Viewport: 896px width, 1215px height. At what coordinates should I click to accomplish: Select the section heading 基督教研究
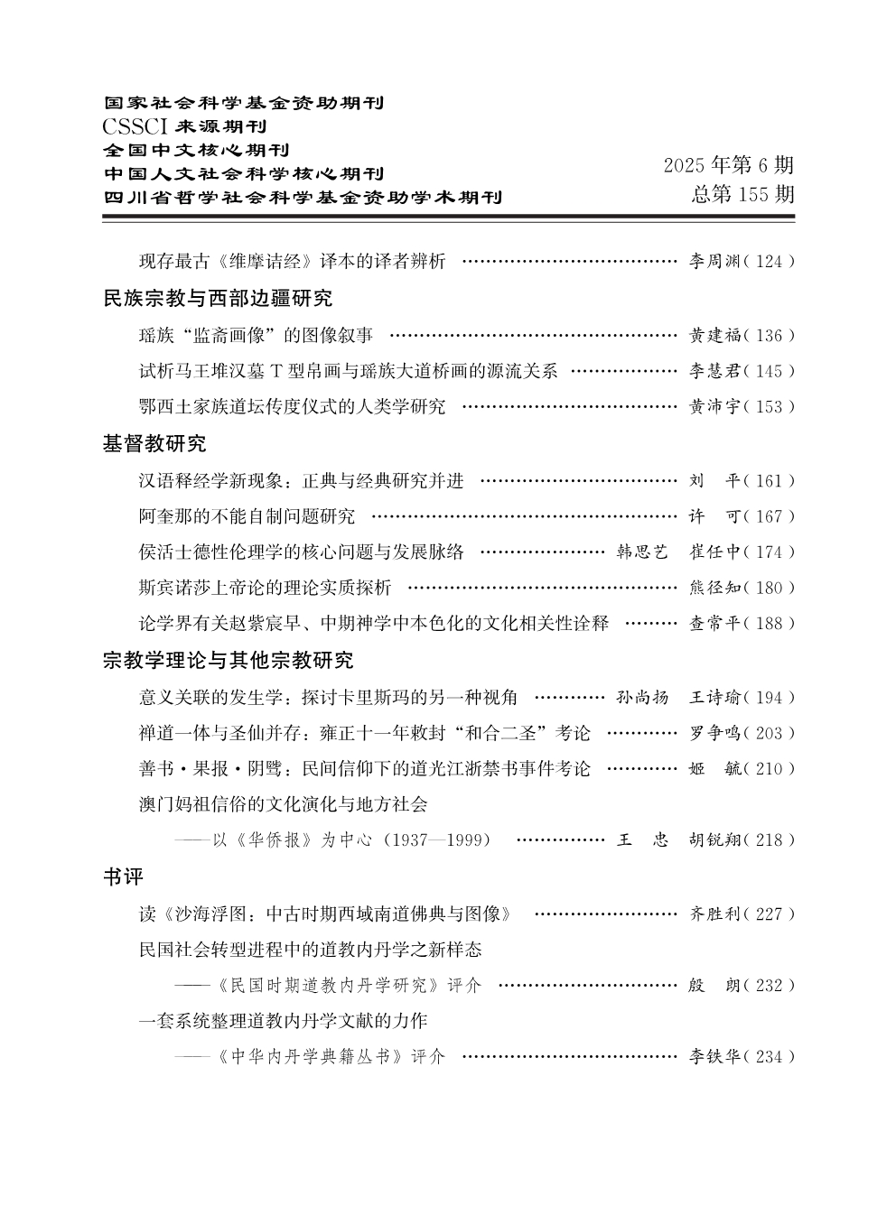tap(154, 443)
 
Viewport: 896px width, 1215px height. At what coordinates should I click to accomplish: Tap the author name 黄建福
tap(714, 336)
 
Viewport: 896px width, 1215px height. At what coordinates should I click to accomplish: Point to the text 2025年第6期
tap(729, 165)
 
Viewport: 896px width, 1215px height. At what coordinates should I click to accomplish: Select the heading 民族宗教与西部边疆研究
tap(218, 298)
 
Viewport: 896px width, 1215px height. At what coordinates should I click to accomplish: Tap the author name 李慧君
tap(714, 371)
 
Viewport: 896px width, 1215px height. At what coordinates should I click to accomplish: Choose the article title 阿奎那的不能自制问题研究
tap(247, 516)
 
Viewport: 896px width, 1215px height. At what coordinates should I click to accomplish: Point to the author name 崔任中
tap(714, 552)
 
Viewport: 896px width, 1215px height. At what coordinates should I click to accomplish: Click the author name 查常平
tap(714, 624)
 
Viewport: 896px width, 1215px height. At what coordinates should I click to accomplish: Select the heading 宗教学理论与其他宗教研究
tap(228, 661)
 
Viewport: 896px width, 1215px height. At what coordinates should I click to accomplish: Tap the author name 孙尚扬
tap(642, 697)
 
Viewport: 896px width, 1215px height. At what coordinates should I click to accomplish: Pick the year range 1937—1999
tap(437, 840)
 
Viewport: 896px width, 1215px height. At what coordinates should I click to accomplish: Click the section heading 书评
tap(123, 876)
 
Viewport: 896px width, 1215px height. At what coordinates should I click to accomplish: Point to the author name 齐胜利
tap(714, 914)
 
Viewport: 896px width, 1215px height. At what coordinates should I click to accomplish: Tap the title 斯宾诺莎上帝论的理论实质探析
tap(265, 588)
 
